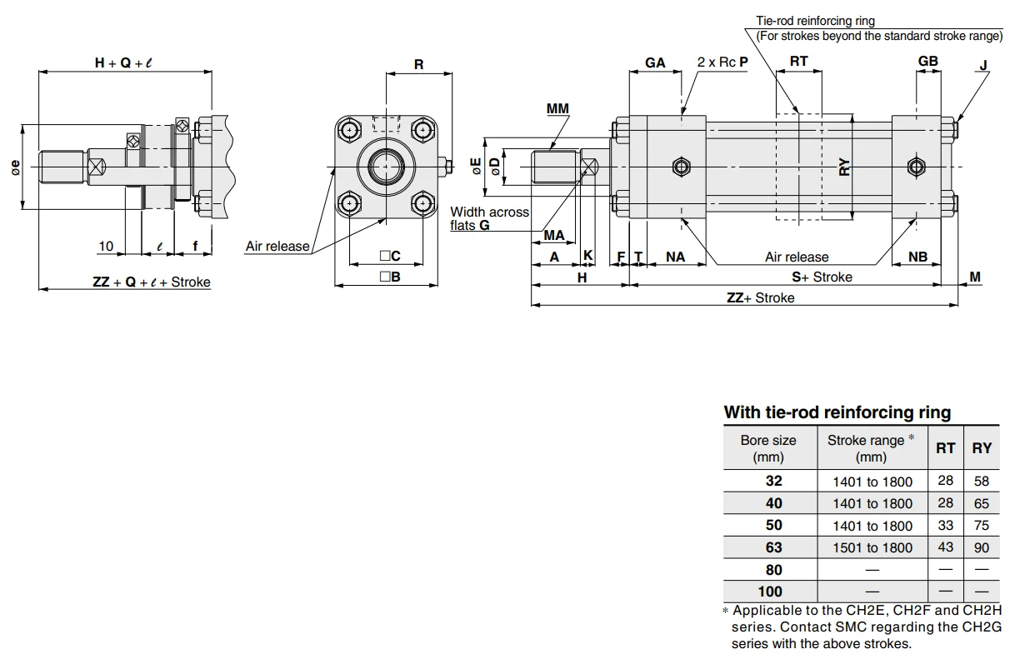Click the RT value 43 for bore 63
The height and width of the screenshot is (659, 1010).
[945, 547]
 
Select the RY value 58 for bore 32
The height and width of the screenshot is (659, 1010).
[982, 481]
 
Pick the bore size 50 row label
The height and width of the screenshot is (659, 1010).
[773, 526]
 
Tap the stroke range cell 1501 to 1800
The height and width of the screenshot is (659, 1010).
[872, 547]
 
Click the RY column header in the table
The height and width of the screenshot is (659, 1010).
[982, 447]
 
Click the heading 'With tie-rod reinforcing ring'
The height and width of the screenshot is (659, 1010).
[837, 412]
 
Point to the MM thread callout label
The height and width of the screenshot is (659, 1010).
[557, 109]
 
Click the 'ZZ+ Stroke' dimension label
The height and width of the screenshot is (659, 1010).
[760, 297]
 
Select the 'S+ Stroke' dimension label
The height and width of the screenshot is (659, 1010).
[822, 277]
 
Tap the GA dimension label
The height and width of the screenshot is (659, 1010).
[655, 62]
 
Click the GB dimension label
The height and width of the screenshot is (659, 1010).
[927, 61]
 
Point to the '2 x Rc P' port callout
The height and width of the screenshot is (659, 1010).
[722, 62]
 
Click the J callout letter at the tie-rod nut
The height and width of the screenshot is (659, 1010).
[983, 65]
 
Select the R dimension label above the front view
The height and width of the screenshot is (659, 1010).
[418, 63]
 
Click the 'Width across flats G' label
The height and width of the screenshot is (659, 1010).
[489, 218]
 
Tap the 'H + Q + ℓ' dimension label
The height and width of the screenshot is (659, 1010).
[124, 62]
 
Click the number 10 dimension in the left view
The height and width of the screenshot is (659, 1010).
[106, 246]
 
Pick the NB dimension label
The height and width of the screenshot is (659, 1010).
[917, 257]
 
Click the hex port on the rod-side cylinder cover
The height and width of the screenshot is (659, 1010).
[681, 167]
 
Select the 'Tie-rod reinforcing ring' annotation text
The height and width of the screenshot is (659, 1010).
[815, 21]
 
